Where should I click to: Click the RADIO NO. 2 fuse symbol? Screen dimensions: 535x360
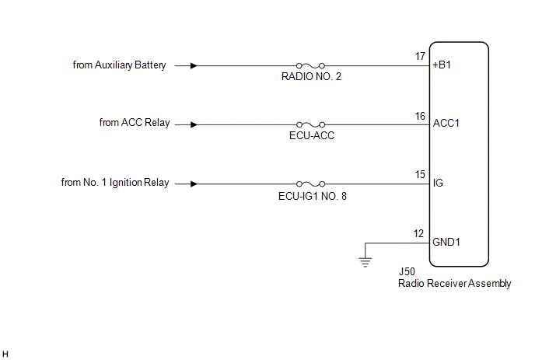point(310,65)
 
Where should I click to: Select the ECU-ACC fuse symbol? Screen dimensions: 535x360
point(310,124)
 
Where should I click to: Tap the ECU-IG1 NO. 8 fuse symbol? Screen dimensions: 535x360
point(310,184)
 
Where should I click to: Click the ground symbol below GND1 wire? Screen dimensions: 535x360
point(365,262)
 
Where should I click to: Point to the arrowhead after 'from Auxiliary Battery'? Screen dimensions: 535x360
point(194,65)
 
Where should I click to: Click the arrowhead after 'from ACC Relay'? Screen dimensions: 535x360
point(194,124)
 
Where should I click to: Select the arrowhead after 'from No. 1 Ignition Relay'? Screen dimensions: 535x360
point(194,184)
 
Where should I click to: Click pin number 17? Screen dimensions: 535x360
point(420,56)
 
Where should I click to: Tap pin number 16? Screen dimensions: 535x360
point(420,116)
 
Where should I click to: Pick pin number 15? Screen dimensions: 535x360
point(420,174)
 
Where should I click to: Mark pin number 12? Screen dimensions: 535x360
point(418,233)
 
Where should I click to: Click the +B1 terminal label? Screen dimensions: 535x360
point(442,65)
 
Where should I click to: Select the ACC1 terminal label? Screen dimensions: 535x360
point(446,123)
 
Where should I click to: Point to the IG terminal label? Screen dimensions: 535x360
point(438,183)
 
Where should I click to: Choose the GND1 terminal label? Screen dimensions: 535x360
point(446,242)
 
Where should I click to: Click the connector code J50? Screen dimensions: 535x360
point(407,271)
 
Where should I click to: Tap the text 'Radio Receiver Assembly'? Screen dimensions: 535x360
point(454,283)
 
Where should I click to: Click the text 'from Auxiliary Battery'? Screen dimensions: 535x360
point(120,65)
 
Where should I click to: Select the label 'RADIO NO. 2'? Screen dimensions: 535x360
point(311,76)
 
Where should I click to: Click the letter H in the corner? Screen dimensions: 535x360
point(5,355)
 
